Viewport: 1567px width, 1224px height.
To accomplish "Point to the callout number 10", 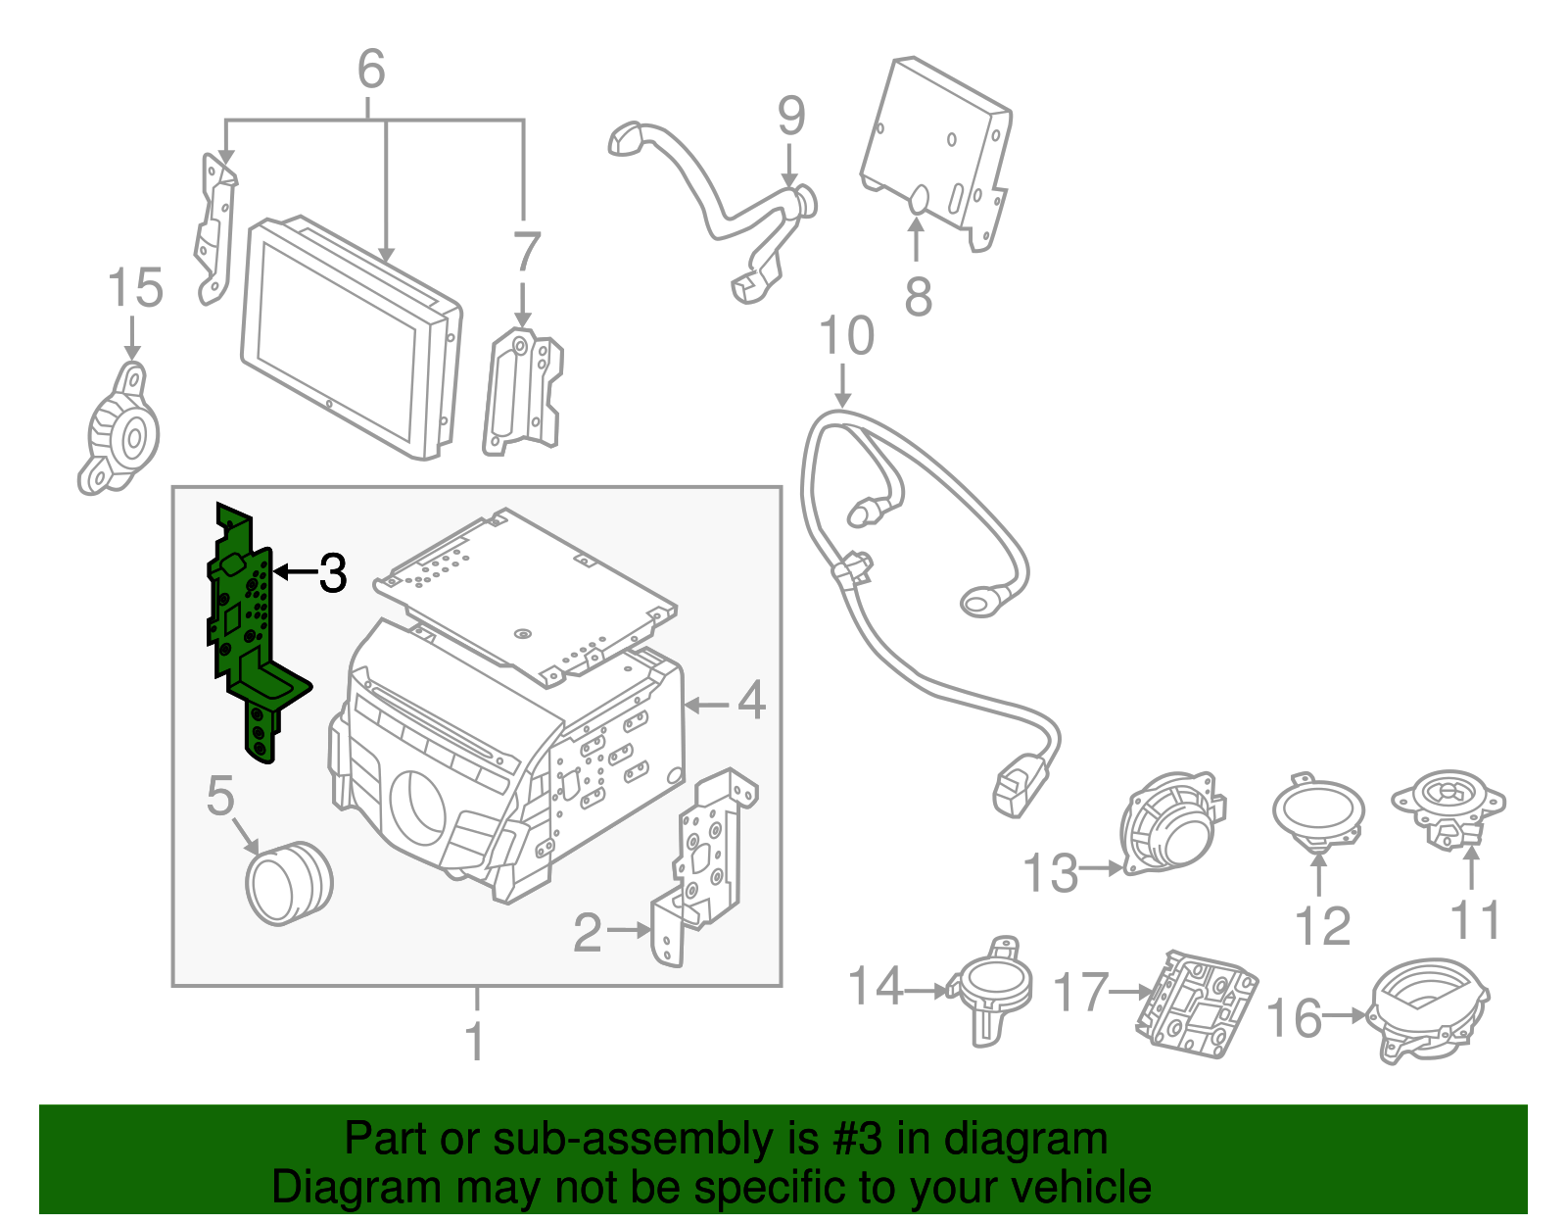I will (x=846, y=336).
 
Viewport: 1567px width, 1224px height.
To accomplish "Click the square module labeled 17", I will (x=1197, y=1004).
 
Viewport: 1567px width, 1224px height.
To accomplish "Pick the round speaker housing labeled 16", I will (x=1427, y=1009).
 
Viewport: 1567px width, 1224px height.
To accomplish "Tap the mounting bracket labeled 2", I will (x=705, y=862).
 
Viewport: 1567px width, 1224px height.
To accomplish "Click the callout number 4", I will (x=751, y=701).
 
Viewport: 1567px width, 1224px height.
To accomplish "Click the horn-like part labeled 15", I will (x=119, y=431).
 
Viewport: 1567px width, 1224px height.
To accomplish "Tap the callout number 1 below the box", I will (x=476, y=1042).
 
